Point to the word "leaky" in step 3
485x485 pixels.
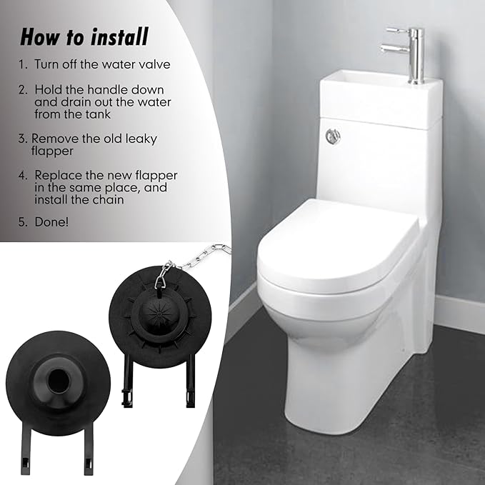click(x=139, y=139)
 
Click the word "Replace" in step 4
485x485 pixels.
click(x=56, y=175)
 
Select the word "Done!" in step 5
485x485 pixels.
click(x=52, y=223)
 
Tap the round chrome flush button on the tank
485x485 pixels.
click(x=332, y=135)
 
